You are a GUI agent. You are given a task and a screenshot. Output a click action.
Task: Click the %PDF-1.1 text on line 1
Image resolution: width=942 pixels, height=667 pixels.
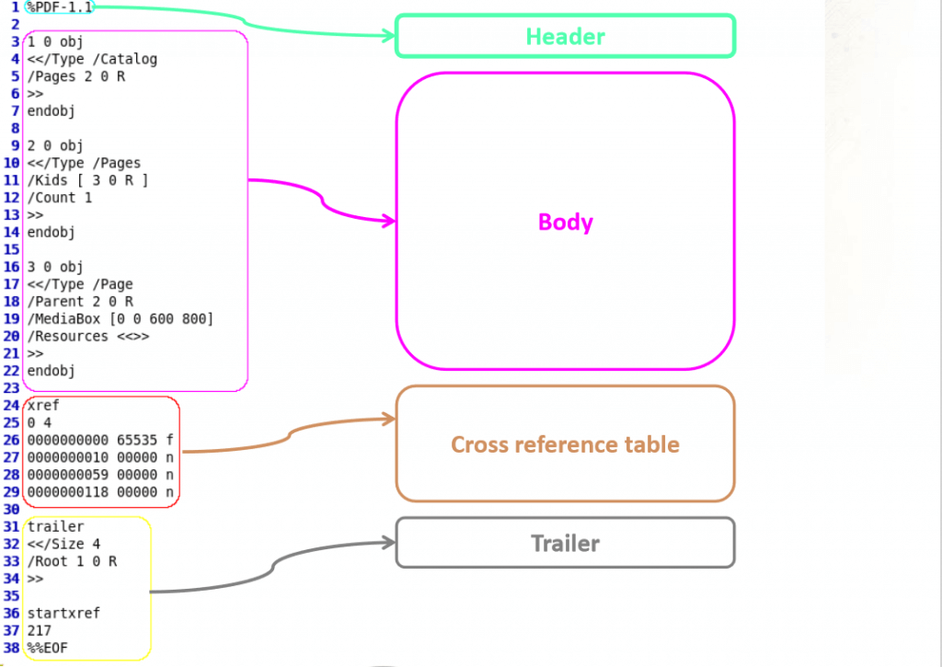coord(60,7)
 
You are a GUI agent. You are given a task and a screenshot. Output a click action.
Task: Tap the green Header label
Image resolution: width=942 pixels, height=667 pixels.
coord(566,37)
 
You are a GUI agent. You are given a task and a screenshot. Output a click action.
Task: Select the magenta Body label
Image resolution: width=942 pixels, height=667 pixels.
coord(566,222)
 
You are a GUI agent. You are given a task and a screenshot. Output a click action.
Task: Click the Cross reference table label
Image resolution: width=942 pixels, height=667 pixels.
coord(566,444)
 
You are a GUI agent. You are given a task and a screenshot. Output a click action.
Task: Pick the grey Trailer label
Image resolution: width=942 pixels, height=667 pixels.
coord(566,543)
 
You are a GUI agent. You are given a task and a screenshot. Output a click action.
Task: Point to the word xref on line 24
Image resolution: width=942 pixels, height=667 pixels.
coord(43,406)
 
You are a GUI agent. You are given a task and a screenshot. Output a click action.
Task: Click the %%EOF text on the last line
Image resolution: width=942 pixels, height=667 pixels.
coord(48,648)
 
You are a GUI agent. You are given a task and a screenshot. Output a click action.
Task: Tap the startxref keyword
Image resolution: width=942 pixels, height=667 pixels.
coord(63,613)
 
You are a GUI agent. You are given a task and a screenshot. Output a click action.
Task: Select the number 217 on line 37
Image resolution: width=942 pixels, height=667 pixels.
coord(39,630)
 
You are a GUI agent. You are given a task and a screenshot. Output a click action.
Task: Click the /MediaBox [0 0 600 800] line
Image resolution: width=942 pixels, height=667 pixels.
coord(121,319)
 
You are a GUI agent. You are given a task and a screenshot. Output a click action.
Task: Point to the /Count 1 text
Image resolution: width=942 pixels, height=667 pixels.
coord(60,198)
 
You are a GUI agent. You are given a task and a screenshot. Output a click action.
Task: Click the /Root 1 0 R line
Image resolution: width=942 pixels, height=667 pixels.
coord(72,561)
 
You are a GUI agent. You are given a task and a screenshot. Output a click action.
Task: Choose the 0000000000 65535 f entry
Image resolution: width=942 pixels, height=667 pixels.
coord(100,441)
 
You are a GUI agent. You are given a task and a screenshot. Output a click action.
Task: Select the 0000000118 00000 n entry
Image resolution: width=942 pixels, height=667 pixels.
coord(100,492)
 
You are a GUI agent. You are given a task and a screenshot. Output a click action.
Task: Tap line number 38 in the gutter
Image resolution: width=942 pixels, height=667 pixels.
coord(11,648)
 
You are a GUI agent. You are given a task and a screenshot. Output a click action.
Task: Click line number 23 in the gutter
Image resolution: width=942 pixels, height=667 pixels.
coord(11,388)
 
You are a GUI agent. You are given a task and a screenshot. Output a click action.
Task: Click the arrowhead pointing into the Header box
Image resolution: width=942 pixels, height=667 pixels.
coord(390,36)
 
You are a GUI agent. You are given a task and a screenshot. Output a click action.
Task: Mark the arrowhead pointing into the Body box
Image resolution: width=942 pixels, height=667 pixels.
coord(390,221)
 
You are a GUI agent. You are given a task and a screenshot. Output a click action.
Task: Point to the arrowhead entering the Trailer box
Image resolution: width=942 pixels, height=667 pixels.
coord(390,543)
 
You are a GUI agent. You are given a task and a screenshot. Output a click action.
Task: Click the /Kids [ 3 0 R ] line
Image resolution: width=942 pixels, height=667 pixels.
coord(87,180)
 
